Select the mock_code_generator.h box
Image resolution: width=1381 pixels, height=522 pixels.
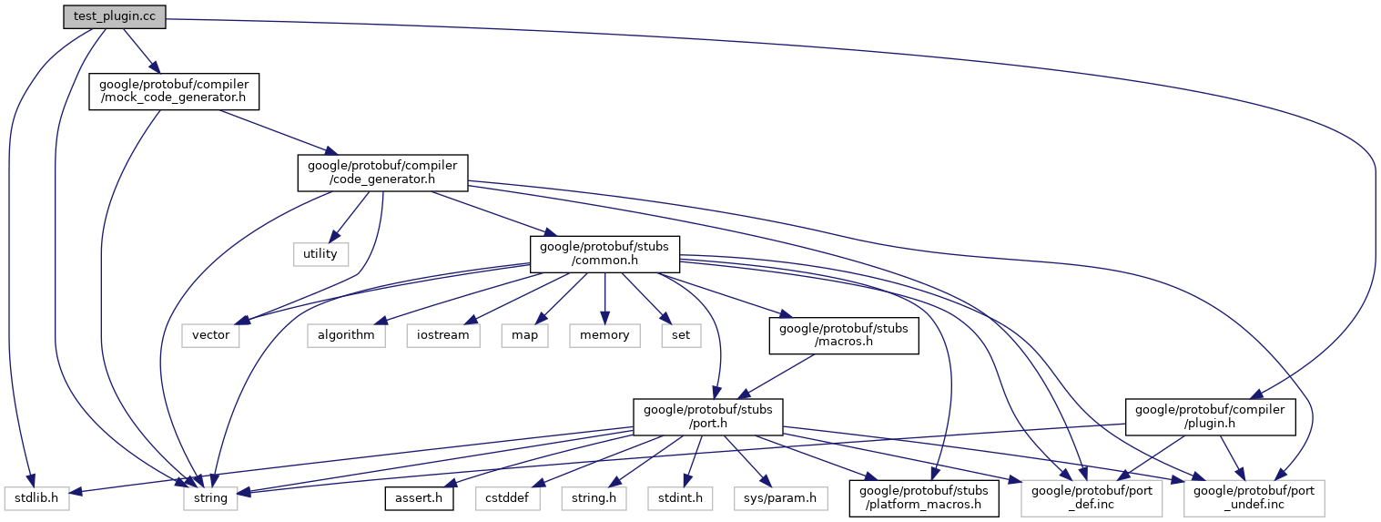[174, 91]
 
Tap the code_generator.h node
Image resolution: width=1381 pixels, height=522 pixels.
[382, 172]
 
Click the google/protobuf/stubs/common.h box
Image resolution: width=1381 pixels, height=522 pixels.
[605, 253]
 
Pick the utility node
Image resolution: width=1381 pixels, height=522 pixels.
[320, 253]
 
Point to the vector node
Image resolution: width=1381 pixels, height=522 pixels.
[211, 334]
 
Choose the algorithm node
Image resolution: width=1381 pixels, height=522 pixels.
[346, 334]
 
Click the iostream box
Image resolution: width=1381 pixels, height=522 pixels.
[443, 334]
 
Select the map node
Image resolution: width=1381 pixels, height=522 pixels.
[523, 334]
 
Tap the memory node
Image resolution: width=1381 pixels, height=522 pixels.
[604, 334]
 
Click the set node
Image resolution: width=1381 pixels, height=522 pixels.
[681, 334]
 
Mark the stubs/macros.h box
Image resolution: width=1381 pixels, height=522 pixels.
[844, 334]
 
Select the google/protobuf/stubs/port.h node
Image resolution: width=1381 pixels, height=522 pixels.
[708, 416]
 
